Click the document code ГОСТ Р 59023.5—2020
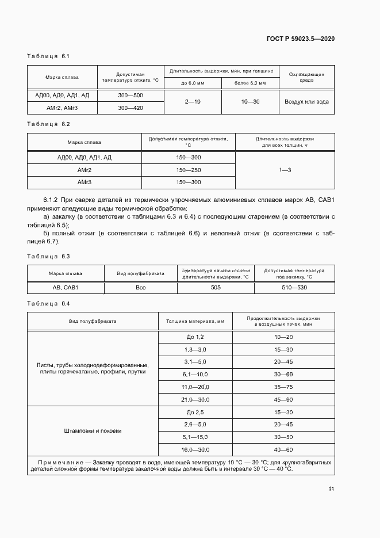[x=308, y=39]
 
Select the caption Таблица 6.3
[x=48, y=256]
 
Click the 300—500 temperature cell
[x=130, y=95]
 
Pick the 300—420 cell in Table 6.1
[x=130, y=108]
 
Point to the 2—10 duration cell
[x=193, y=101]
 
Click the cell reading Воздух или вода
[x=306, y=101]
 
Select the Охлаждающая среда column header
[x=306, y=77]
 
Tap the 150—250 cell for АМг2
[x=189, y=170]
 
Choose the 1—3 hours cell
[x=285, y=170]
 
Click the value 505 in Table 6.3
[x=216, y=287]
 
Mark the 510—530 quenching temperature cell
[x=294, y=287]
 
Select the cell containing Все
[x=140, y=287]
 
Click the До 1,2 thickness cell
[x=195, y=337]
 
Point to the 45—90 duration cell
[x=283, y=400]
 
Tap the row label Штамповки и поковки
[x=93, y=430]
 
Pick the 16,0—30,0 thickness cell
[x=195, y=449]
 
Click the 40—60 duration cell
[x=283, y=449]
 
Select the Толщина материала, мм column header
[x=195, y=321]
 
